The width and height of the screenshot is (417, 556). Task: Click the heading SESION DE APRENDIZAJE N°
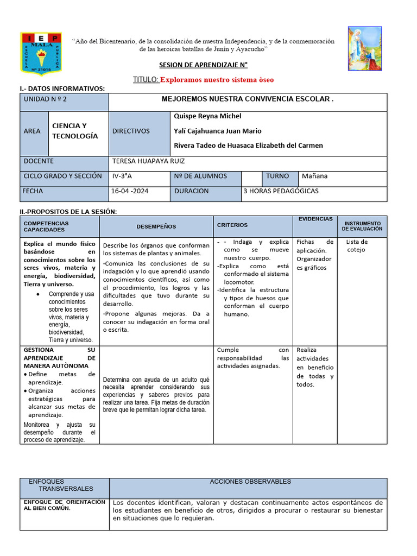pyautogui.click(x=203, y=65)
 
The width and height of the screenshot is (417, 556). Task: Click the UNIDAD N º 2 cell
pyautogui.click(x=45, y=99)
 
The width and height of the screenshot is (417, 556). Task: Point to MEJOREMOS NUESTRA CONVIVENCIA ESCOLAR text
pyautogui.click(x=248, y=99)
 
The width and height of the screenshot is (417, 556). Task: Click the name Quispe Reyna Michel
pyautogui.click(x=207, y=116)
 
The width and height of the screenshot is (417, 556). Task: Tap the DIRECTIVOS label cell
pyautogui.click(x=131, y=131)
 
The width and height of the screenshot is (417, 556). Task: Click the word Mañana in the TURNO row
pyautogui.click(x=315, y=176)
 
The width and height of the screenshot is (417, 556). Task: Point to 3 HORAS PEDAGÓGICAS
pyautogui.click(x=281, y=191)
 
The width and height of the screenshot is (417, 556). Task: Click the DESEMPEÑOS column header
pyautogui.click(x=156, y=226)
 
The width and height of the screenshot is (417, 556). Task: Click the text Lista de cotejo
pyautogui.click(x=357, y=246)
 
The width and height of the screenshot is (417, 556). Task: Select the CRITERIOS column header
pyautogui.click(x=232, y=225)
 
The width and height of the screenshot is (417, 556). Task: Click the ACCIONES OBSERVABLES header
pyautogui.click(x=250, y=482)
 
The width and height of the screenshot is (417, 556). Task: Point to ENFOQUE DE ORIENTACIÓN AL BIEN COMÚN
pyautogui.click(x=64, y=506)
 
